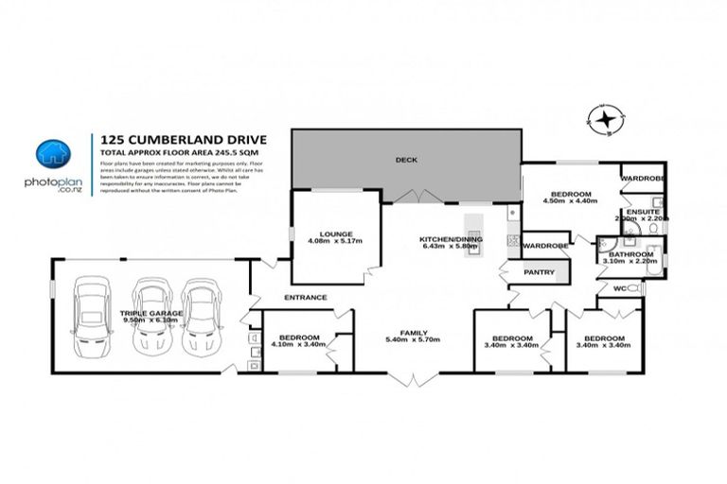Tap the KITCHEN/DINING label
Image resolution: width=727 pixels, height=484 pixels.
(x=451, y=240)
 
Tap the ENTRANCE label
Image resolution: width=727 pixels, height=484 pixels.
(x=306, y=297)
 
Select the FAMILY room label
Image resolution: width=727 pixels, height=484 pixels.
(x=413, y=333)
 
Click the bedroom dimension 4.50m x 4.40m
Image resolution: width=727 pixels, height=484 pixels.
(x=571, y=201)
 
